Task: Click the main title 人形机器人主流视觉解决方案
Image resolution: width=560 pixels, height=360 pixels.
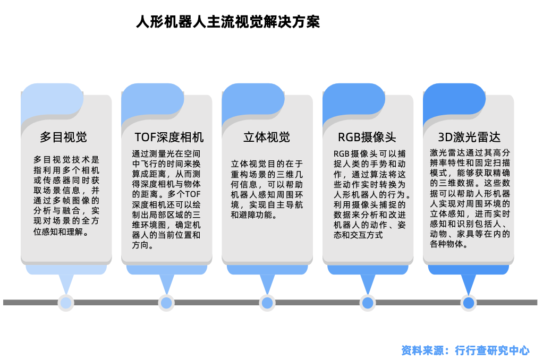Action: point(228,22)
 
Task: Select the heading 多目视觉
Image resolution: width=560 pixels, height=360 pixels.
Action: point(63,137)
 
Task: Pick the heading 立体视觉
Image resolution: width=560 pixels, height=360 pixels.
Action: point(267,137)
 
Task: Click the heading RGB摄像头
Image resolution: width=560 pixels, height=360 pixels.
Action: point(367,137)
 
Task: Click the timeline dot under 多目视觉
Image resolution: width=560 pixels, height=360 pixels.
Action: point(66,303)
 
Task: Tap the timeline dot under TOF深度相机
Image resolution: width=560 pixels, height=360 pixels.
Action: point(166,303)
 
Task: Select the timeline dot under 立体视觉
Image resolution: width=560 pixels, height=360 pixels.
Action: point(267,303)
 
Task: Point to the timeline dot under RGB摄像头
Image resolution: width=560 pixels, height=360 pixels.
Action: point(368,303)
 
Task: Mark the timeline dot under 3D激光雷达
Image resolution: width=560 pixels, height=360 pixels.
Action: point(469,303)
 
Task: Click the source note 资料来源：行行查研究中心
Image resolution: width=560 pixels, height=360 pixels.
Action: point(465,350)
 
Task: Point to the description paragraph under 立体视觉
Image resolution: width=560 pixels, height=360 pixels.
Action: point(267,190)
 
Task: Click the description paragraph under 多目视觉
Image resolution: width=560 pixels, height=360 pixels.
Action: point(66,195)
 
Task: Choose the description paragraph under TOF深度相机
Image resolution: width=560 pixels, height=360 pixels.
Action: point(166,199)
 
